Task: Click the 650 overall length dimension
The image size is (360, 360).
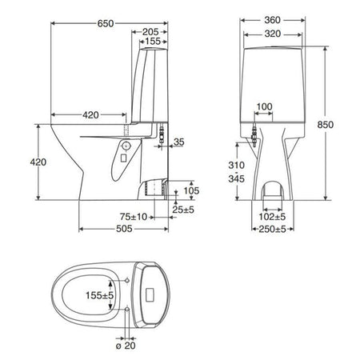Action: (106, 23)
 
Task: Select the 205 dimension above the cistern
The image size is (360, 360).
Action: (150, 32)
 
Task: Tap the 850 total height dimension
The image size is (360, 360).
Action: (326, 125)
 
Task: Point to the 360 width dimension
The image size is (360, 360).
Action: (272, 20)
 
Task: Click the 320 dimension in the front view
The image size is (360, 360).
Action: (273, 34)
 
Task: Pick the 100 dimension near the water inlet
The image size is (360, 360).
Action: (264, 106)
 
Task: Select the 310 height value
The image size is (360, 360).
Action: (236, 166)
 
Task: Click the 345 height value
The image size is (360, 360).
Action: (236, 178)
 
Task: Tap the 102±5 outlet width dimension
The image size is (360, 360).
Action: (272, 217)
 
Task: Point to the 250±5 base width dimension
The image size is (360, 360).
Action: (272, 229)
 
